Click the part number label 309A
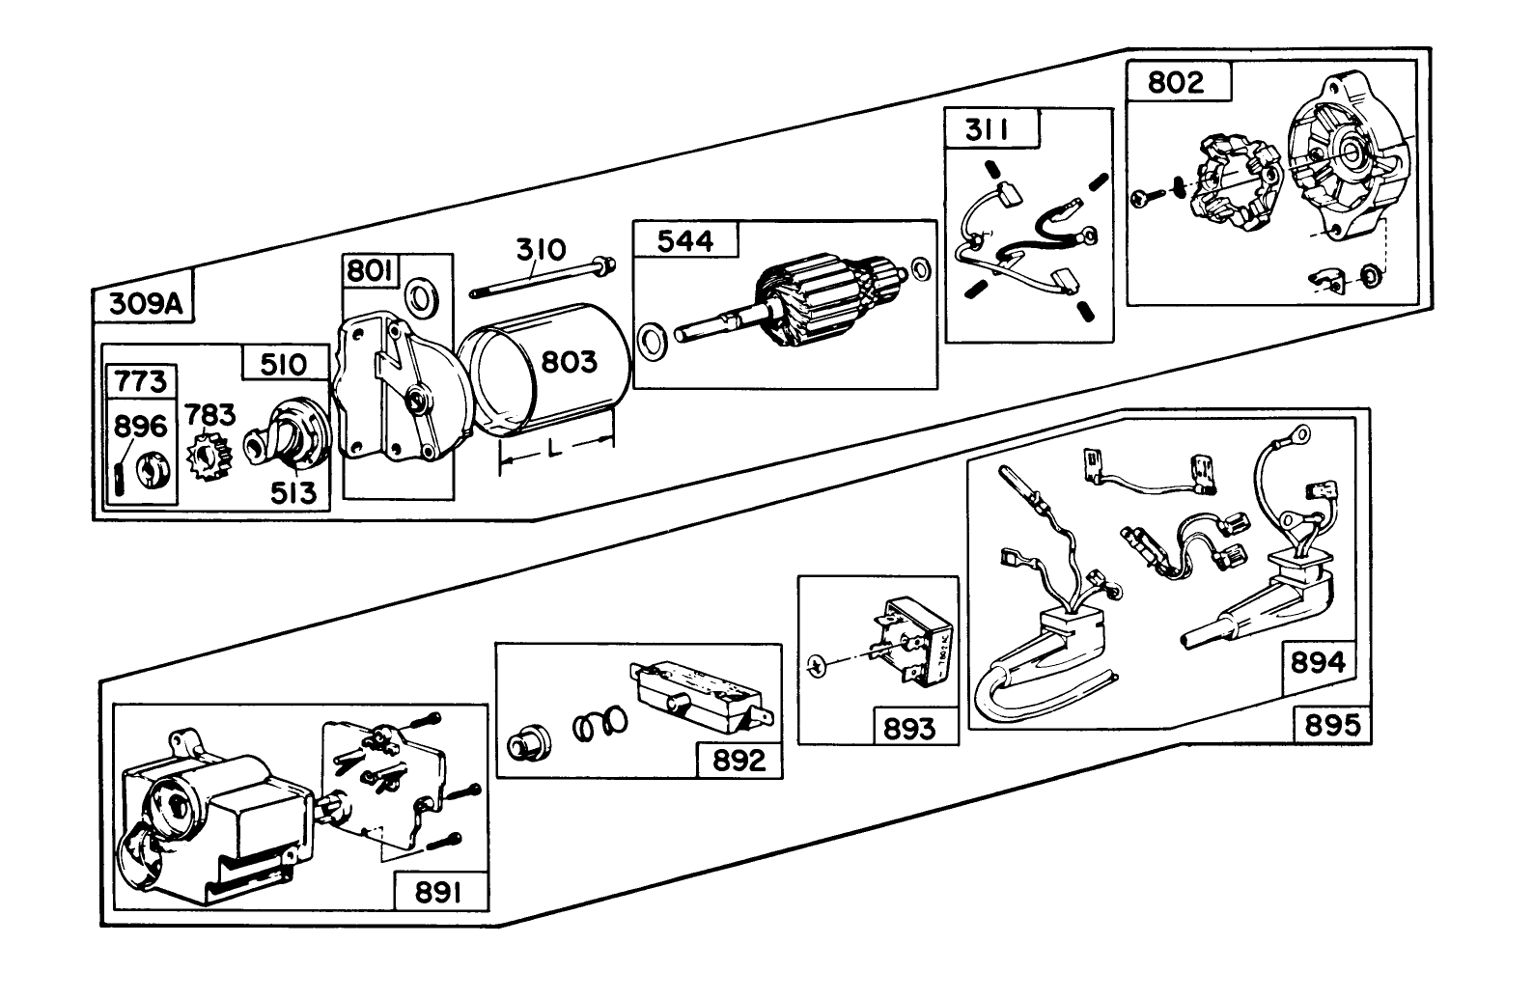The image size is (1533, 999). pyautogui.click(x=144, y=305)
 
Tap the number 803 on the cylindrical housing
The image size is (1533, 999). pyautogui.click(x=569, y=362)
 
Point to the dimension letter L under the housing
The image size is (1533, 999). pyautogui.click(x=553, y=451)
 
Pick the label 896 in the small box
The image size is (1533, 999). pyautogui.click(x=141, y=426)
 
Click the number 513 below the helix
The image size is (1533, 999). pyautogui.click(x=293, y=493)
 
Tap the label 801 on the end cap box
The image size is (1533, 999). pyautogui.click(x=371, y=271)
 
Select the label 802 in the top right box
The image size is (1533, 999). pyautogui.click(x=1176, y=82)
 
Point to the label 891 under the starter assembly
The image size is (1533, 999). pyautogui.click(x=439, y=893)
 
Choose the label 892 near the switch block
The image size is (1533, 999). pyautogui.click(x=739, y=761)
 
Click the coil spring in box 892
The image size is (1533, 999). pyautogui.click(x=599, y=724)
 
